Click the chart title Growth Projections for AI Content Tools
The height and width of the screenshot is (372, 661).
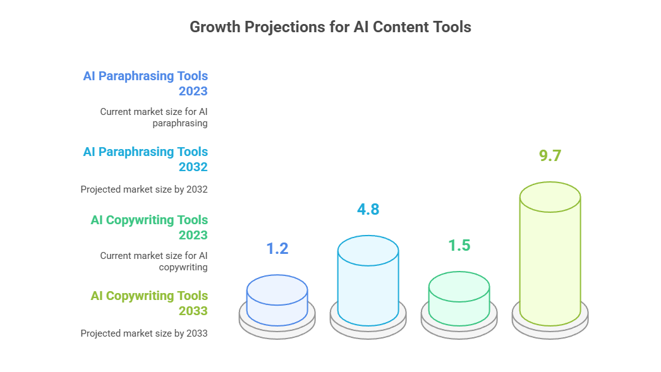pyautogui.click(x=330, y=27)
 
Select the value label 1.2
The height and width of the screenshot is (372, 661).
pyautogui.click(x=277, y=249)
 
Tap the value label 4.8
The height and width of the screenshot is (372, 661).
pyautogui.click(x=368, y=210)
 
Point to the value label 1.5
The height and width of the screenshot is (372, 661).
pyautogui.click(x=459, y=245)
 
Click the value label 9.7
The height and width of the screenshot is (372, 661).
pyautogui.click(x=550, y=155)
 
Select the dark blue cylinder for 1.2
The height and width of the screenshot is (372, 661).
pyautogui.click(x=277, y=301)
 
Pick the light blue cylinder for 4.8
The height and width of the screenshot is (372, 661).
pyautogui.click(x=368, y=280)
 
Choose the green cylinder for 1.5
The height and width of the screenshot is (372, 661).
pyautogui.click(x=459, y=299)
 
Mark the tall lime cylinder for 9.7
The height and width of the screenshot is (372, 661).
pyautogui.click(x=550, y=254)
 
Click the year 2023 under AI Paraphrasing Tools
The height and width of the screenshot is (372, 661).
pyautogui.click(x=193, y=91)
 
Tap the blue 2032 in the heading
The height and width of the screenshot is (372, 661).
pyautogui.click(x=193, y=167)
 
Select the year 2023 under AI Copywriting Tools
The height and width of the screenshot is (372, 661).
pyautogui.click(x=193, y=235)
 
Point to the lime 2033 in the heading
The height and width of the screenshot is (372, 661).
pyautogui.click(x=193, y=311)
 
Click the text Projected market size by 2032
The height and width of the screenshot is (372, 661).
pyautogui.click(x=144, y=189)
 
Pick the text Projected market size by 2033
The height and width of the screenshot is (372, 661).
pyautogui.click(x=144, y=333)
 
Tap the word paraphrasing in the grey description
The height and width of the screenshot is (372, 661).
pyautogui.click(x=180, y=123)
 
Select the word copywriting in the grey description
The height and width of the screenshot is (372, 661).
pyautogui.click(x=183, y=268)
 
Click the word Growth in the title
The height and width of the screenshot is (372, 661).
pyautogui.click(x=215, y=27)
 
